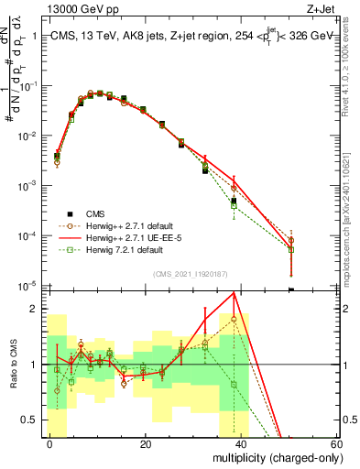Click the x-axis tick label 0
(49, 444)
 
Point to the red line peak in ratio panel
(237, 293)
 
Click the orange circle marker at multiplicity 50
(290, 240)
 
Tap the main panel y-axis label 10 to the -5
(28, 287)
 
